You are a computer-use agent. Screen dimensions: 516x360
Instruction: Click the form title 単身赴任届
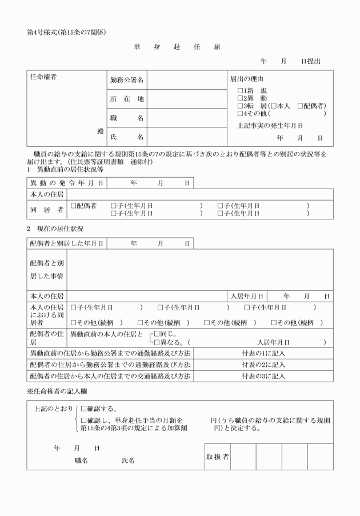tap(177, 47)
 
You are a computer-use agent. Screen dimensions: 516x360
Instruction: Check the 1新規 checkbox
tap(241, 91)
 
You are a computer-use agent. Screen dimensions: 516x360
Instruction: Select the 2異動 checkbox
tap(241, 98)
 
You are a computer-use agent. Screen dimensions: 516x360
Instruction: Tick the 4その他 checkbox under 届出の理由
tap(241, 113)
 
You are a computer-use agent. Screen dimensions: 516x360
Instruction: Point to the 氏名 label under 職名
tap(126, 137)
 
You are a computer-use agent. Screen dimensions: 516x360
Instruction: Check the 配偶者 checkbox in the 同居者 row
tap(73, 205)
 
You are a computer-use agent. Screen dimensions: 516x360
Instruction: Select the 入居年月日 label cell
tap(246, 297)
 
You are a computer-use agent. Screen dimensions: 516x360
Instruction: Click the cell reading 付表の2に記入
tap(263, 365)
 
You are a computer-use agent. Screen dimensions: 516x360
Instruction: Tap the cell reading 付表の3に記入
tap(263, 376)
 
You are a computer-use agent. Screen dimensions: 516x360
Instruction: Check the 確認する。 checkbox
tap(84, 409)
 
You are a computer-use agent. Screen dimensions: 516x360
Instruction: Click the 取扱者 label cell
tap(217, 457)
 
